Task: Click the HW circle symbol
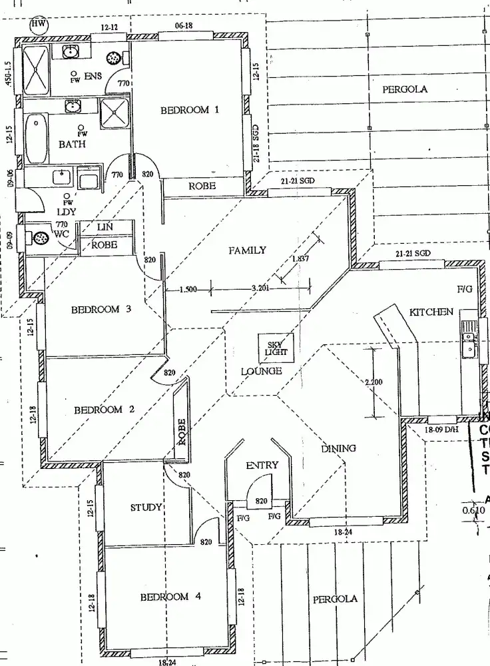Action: point(39,25)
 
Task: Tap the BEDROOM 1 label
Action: point(189,111)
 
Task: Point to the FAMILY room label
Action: point(247,250)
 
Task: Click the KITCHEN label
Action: point(431,312)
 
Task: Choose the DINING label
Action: point(339,448)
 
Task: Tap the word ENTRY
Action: point(262,465)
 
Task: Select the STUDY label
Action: point(146,507)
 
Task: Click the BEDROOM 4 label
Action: point(170,597)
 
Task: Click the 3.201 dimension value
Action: point(261,288)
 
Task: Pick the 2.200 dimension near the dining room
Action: point(374,383)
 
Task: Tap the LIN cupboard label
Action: point(105,227)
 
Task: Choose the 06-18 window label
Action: point(184,25)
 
